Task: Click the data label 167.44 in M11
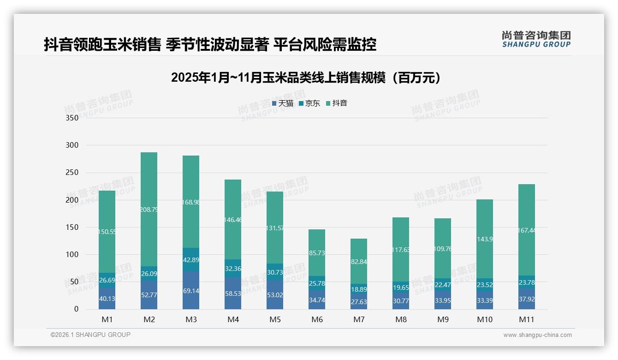527,230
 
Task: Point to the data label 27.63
359,302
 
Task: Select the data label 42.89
191,260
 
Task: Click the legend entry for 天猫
282,103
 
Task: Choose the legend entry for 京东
309,103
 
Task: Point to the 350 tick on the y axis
72,118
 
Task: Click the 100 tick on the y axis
72,254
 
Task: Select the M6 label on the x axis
317,319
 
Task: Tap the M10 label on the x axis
484,319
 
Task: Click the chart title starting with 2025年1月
306,78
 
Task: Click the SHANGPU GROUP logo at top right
536,39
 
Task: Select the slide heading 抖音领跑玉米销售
210,44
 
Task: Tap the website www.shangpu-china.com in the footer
537,335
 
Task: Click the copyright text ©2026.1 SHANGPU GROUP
90,335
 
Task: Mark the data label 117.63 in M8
401,250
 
